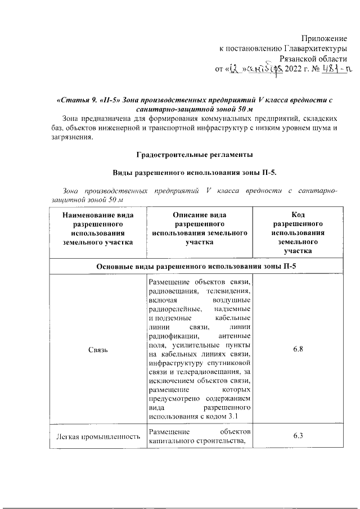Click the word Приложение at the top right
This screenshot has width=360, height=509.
(324, 38)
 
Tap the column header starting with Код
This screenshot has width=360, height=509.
(298, 232)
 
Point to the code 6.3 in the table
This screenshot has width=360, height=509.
(298, 436)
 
